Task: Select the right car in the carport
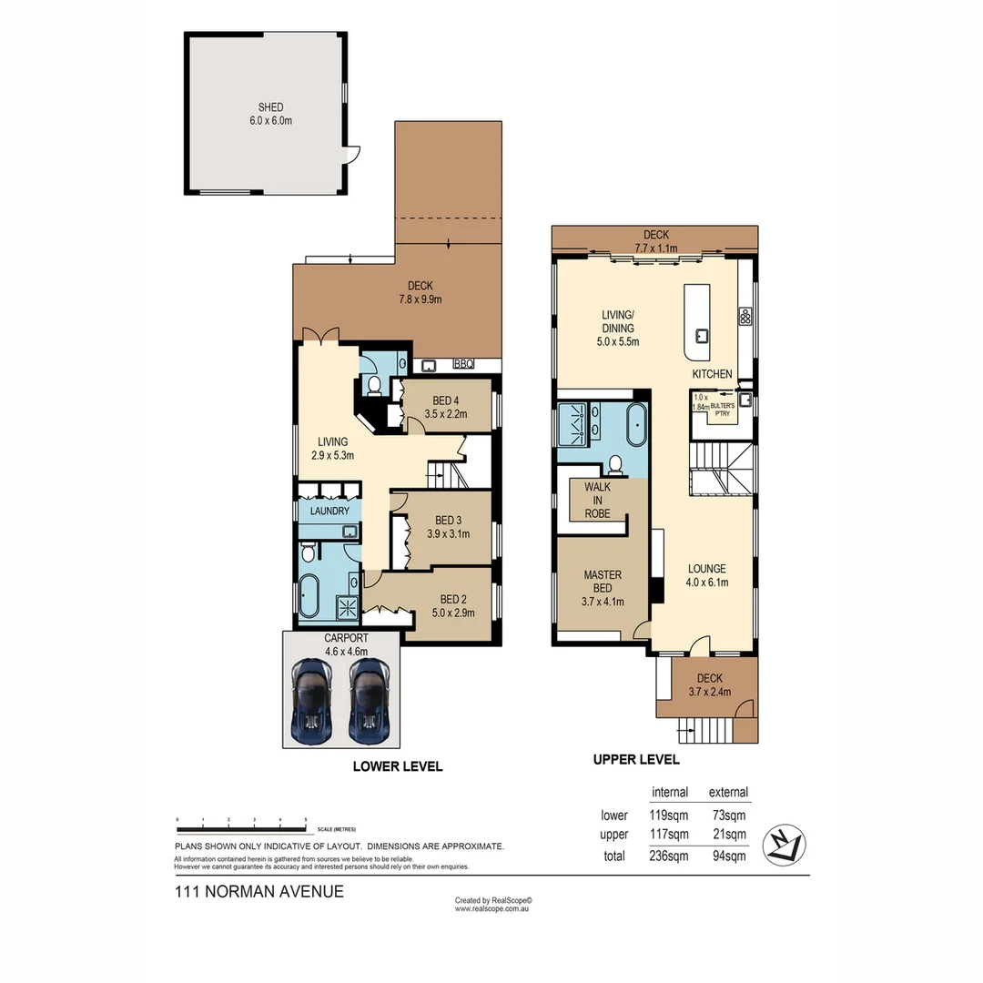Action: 370,699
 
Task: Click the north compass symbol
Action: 785,844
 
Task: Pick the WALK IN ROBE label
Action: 598,500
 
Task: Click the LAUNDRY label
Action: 329,511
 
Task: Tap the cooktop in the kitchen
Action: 745,316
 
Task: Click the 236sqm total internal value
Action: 669,856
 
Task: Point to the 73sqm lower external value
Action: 728,815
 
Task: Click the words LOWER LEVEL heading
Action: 397,766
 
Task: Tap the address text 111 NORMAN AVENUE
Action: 258,892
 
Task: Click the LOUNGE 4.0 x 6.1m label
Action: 706,575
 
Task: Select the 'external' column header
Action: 728,792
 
